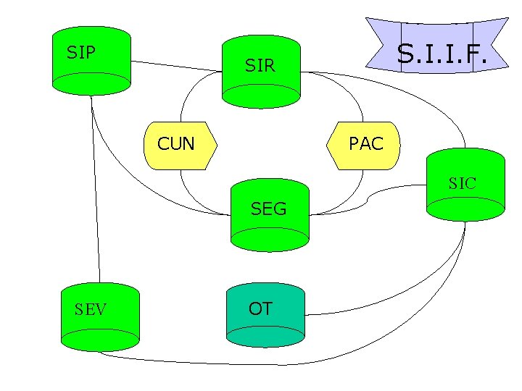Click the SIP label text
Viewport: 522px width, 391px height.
(81, 53)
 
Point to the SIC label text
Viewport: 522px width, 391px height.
(462, 184)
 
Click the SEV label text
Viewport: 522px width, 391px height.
(91, 310)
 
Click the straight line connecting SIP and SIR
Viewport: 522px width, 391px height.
(174, 66)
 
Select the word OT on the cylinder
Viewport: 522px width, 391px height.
(260, 309)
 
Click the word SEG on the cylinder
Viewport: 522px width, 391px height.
(269, 209)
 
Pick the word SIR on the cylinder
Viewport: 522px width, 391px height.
(260, 66)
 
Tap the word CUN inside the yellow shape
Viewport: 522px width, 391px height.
(176, 144)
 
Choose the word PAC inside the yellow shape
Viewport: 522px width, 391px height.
(366, 143)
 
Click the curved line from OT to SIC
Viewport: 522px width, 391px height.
(406, 301)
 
